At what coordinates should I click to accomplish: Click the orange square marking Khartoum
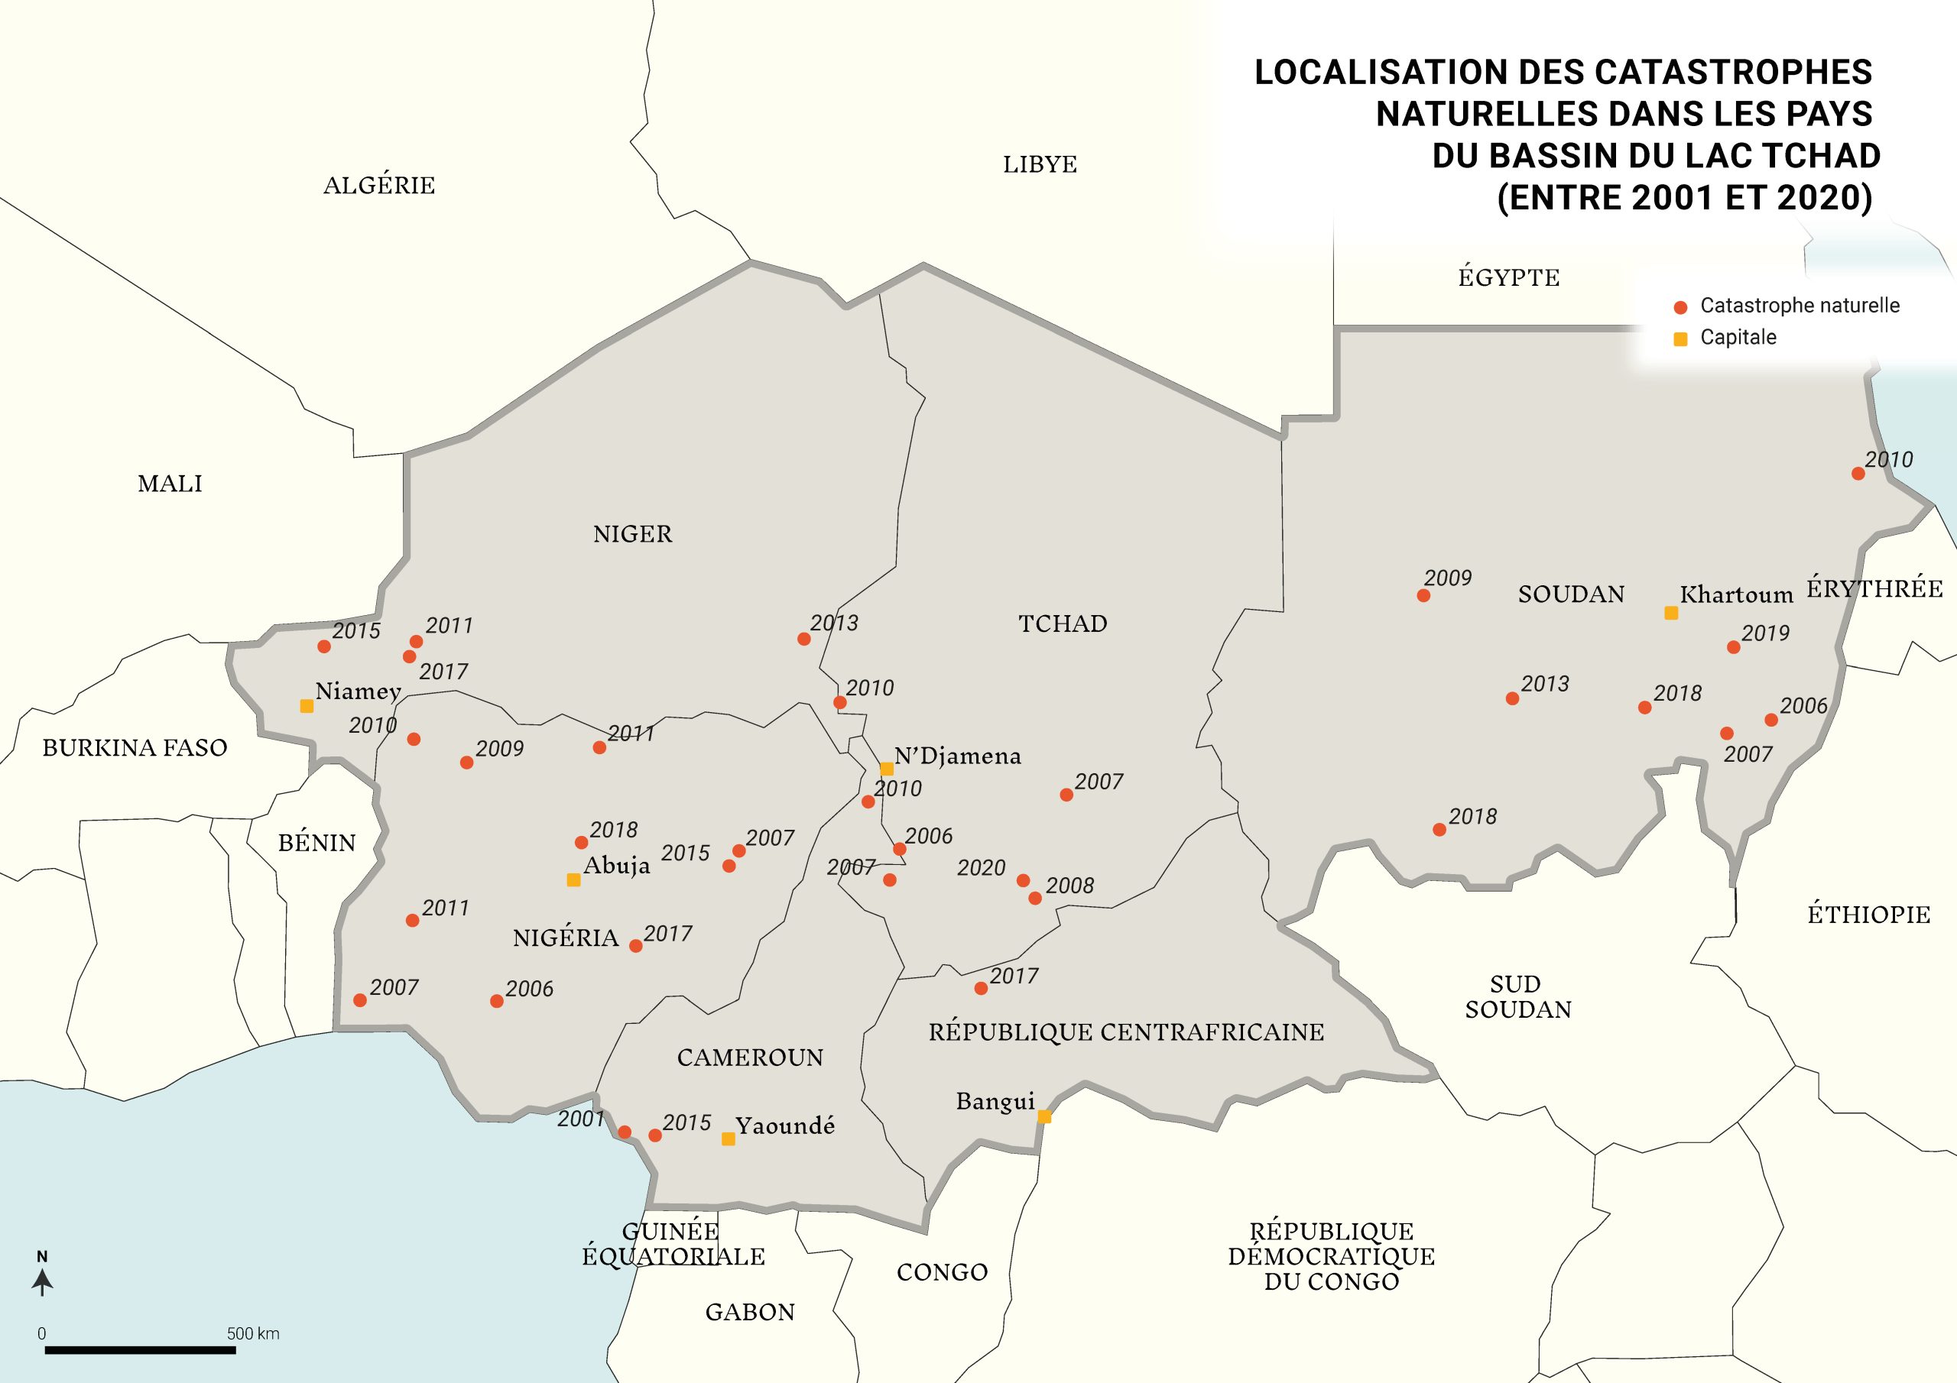tap(1670, 613)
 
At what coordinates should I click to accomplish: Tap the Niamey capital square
tap(306, 705)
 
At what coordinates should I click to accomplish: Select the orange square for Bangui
tap(1044, 1116)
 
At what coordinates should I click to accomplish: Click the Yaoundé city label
tap(785, 1126)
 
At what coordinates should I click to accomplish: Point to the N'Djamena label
tap(957, 756)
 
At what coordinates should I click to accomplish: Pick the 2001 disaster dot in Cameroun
tap(624, 1132)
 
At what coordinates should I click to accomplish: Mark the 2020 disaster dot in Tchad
tap(1023, 880)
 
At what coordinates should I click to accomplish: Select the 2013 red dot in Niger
tap(803, 638)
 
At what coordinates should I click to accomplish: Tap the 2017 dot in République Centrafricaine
tap(981, 989)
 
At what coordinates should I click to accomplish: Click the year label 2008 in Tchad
tap(1069, 886)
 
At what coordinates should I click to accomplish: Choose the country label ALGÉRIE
tap(379, 185)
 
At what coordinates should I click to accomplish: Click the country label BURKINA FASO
tap(135, 747)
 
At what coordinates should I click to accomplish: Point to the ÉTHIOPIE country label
tap(1868, 915)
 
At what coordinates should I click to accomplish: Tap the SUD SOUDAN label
tap(1517, 996)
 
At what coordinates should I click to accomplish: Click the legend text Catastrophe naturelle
tap(1800, 305)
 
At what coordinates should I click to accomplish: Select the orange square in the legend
tap(1680, 339)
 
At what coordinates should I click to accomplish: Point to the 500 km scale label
tap(253, 1333)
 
